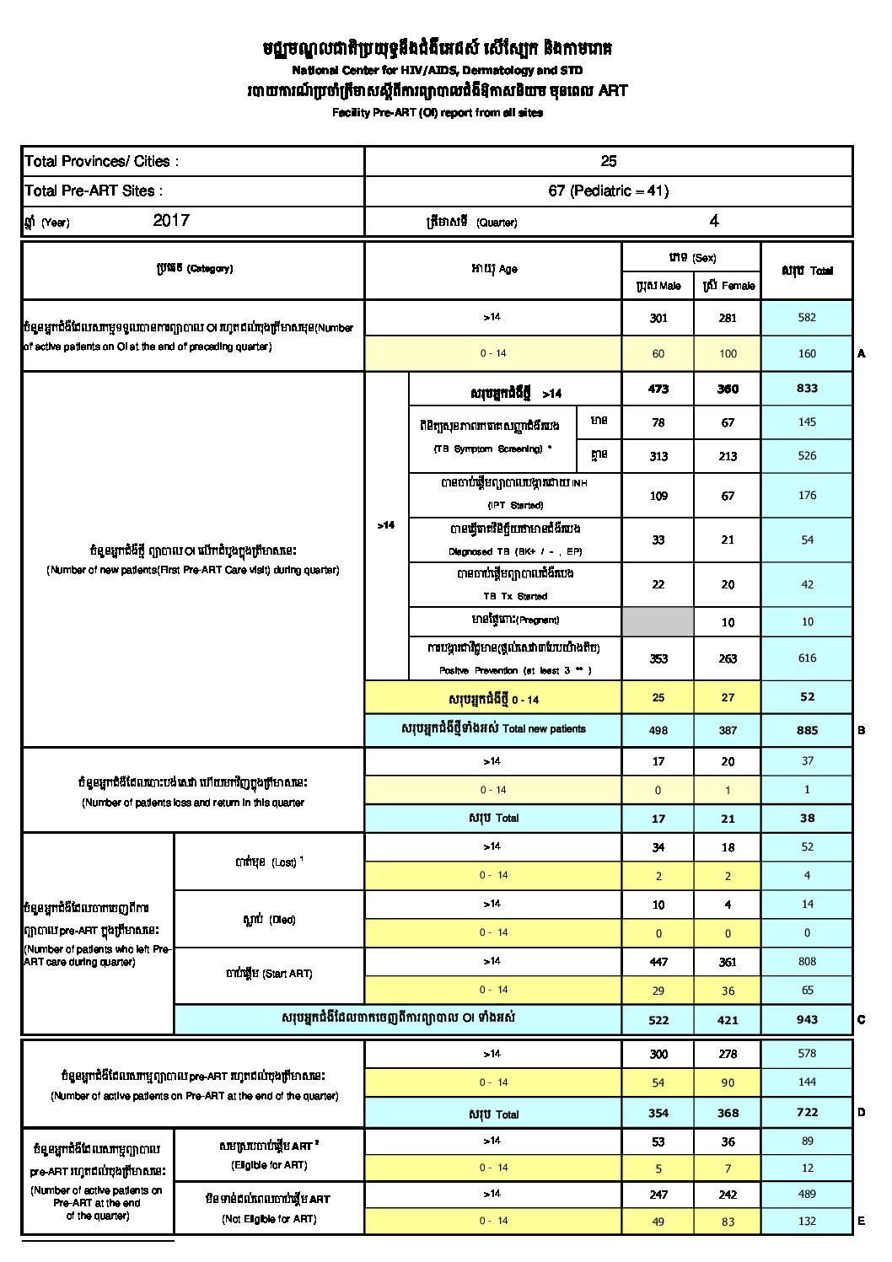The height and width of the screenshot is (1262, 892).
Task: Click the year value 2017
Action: pos(171,221)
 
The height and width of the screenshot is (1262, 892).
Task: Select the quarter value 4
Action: pos(714,221)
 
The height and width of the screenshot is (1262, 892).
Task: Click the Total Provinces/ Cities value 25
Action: pos(609,161)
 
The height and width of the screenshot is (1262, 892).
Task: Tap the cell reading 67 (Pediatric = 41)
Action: pos(609,191)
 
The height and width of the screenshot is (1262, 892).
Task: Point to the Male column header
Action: pos(658,286)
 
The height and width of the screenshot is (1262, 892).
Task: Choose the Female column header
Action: pos(728,286)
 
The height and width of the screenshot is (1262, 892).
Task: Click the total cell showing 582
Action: pos(807,317)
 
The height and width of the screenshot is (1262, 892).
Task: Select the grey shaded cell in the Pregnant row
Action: pos(658,621)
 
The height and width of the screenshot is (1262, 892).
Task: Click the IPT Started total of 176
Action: pos(807,495)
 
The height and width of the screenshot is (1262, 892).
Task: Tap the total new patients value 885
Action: pos(807,730)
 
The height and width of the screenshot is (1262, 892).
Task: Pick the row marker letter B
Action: pos(862,730)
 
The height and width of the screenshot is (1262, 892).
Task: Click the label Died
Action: pos(269,920)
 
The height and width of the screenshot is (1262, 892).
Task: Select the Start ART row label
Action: pos(269,974)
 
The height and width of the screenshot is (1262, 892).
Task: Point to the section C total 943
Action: pos(807,1019)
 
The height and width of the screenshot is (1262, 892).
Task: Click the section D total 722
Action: pos(807,1112)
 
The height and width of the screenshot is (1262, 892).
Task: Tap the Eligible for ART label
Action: pos(269,1165)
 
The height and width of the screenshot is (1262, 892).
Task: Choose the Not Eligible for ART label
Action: pos(269,1219)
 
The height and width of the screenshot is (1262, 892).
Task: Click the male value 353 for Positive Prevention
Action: pos(658,658)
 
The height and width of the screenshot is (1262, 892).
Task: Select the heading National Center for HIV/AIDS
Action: pos(437,71)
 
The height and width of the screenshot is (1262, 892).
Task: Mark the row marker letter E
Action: pos(862,1221)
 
